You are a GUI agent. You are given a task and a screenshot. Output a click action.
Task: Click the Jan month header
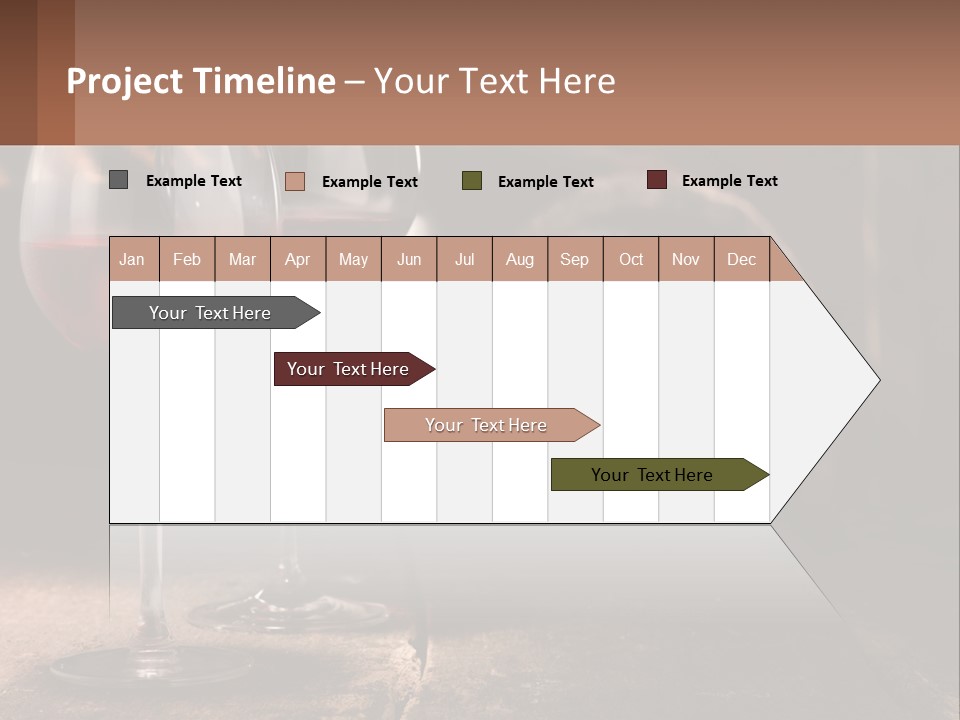coord(133,259)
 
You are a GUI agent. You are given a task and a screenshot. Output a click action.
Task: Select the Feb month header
coord(187,259)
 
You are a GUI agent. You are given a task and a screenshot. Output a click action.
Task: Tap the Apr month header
coord(298,259)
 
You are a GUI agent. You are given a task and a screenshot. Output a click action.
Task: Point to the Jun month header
coord(409,259)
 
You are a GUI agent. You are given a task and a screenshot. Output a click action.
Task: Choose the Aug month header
coord(520,259)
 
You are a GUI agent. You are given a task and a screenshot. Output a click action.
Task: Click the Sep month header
coord(575,259)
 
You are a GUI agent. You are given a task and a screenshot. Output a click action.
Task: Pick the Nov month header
coord(686,259)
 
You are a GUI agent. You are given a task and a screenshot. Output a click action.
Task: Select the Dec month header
coord(741,259)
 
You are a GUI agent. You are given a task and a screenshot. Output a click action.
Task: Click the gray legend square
coord(119,180)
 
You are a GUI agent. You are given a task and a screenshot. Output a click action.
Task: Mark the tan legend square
coord(295,181)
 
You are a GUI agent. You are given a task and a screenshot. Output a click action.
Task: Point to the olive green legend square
coord(472,181)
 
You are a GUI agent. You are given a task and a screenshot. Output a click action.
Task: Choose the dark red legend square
coord(657,180)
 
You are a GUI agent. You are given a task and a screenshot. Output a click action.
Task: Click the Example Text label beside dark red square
coord(729,181)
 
